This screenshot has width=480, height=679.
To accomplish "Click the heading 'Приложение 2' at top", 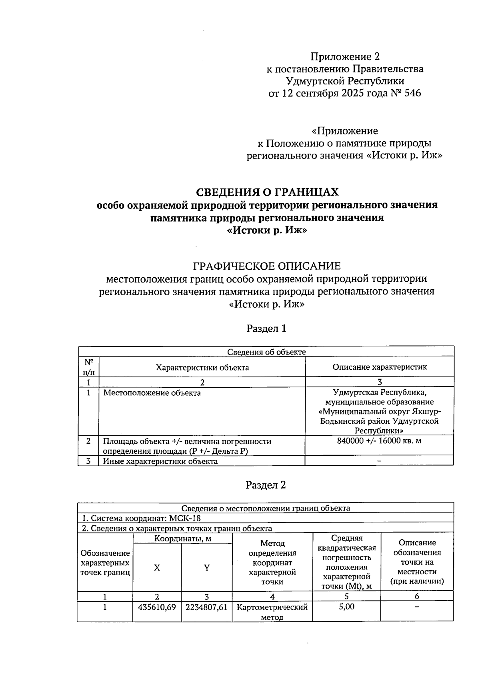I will click(x=345, y=56).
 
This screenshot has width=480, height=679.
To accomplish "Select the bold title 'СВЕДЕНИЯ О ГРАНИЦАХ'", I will click(x=267, y=192).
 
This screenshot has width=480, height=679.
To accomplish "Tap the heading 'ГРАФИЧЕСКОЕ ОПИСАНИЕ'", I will click(x=267, y=266).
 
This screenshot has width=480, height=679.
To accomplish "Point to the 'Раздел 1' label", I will click(x=266, y=329).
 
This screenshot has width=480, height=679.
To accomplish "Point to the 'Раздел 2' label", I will click(x=266, y=485).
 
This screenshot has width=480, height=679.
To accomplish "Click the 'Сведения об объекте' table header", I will click(x=266, y=352).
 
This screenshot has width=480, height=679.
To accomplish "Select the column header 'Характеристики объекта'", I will click(x=202, y=367).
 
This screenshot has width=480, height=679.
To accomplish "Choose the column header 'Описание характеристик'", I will click(x=380, y=367).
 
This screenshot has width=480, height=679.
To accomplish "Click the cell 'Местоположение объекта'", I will click(x=152, y=393).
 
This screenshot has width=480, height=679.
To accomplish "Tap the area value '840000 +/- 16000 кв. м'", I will click(x=380, y=441).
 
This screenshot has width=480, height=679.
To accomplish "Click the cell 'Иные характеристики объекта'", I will click(x=160, y=461).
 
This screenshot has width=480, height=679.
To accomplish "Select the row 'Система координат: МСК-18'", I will click(x=141, y=518).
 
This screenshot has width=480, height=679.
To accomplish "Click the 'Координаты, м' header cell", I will click(x=182, y=539).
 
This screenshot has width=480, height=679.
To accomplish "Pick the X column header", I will click(x=157, y=568).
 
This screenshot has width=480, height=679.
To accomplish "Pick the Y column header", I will click(x=207, y=568).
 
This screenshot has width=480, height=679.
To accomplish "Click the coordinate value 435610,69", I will click(x=157, y=607).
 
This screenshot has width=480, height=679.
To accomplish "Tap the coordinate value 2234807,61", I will click(x=206, y=607).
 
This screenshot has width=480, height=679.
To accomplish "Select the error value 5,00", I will click(x=346, y=607).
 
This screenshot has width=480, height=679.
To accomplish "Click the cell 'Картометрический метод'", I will click(x=272, y=612).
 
